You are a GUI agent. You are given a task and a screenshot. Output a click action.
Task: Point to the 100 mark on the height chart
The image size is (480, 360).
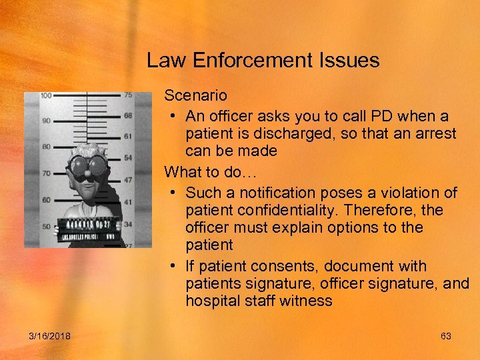pos(45,95)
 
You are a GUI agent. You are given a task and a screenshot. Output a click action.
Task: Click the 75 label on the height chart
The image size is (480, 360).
pos(128,95)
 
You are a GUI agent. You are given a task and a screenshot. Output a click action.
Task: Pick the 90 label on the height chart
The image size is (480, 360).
pos(45,121)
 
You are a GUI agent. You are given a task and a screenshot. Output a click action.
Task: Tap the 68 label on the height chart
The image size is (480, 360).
pos(128,116)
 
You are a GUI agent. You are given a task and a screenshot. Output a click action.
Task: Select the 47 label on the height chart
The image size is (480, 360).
pos(128,180)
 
